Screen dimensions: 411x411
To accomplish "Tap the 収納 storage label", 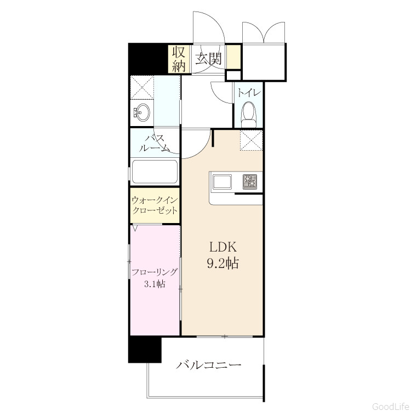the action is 179,59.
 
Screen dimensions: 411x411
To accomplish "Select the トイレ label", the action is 249,93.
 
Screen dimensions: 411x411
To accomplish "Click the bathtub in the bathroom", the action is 155,172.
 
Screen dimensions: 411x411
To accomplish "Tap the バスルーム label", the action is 155,144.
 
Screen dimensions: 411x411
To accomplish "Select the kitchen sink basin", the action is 222,182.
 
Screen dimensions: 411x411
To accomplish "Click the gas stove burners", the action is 250,181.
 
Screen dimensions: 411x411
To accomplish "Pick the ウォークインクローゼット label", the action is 155,206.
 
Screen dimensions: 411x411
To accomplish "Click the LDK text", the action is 223,247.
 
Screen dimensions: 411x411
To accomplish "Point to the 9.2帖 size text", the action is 223,263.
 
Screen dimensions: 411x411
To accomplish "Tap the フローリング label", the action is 155,272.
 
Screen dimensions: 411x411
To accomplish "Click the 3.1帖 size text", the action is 155,284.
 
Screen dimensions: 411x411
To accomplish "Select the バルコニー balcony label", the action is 208,364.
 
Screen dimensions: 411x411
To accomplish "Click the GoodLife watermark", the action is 391,407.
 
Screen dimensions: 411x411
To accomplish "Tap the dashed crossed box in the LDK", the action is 251,140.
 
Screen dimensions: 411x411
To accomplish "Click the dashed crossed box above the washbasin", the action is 142,88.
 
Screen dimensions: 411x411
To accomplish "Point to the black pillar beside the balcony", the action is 145,350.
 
